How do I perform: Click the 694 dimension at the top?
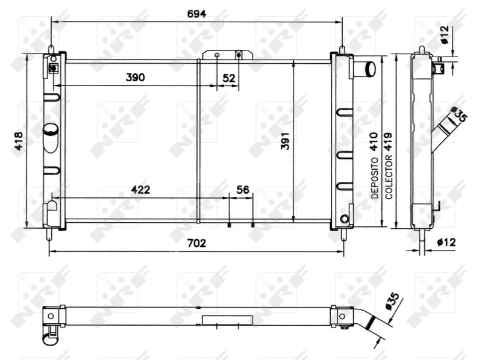click(197, 14)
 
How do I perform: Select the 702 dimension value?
click(197, 243)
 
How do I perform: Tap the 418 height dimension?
click(19, 141)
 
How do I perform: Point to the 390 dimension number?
click(135, 78)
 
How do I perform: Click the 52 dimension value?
click(229, 78)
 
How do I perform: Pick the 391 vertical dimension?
click(285, 141)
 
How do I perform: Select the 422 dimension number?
click(141, 190)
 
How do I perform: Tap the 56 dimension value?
click(243, 190)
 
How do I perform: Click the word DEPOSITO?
click(375, 178)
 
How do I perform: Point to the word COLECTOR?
click(389, 177)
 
